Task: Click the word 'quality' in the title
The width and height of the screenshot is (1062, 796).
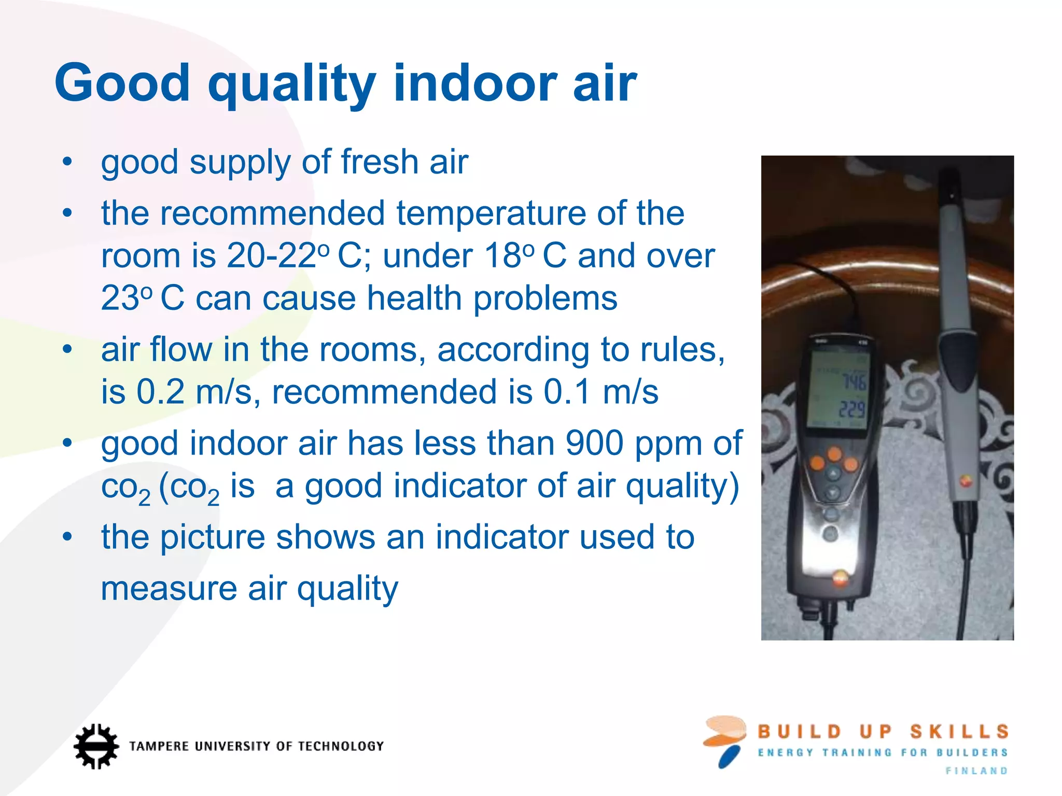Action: (291, 84)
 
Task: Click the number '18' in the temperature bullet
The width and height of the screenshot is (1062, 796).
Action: (502, 256)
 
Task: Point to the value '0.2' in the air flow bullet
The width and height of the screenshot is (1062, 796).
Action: (160, 392)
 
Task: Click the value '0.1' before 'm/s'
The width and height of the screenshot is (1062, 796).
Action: (567, 392)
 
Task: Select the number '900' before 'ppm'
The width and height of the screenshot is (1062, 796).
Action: (594, 444)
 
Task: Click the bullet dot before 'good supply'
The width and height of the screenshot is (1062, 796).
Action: (67, 162)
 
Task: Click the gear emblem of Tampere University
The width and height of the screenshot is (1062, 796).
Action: (95, 746)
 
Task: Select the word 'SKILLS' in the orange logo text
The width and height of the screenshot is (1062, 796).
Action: (959, 732)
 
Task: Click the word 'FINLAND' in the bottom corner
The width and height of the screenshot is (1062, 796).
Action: (976, 771)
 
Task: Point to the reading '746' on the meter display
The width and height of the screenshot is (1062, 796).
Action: (853, 382)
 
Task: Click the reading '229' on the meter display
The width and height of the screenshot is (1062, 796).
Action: (852, 410)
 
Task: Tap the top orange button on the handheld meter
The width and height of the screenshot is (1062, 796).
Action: (834, 454)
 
